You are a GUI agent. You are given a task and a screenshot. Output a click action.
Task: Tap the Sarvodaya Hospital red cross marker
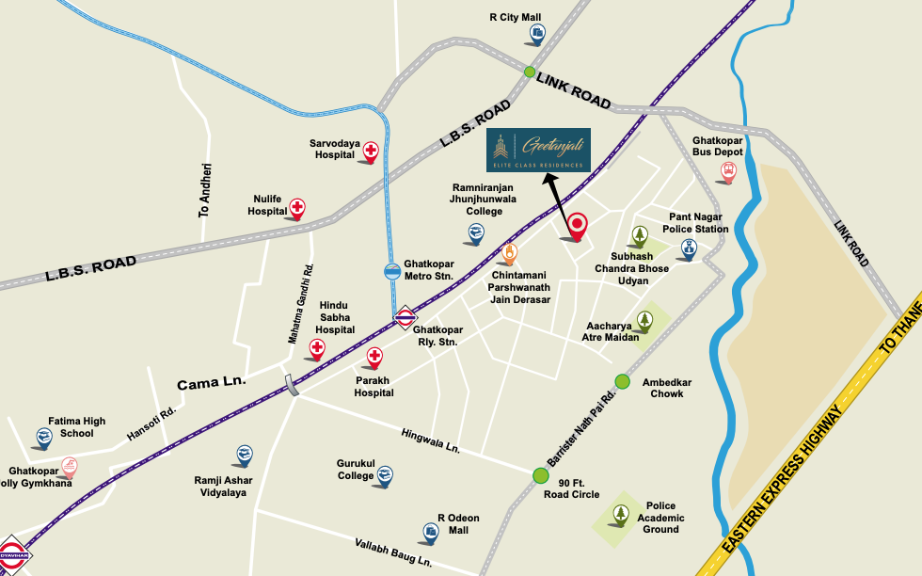tap(372, 152)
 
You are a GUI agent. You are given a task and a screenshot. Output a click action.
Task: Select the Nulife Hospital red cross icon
tap(297, 208)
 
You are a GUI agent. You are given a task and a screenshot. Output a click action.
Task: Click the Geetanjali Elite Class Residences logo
tap(538, 150)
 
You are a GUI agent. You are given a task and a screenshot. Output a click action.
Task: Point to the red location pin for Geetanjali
tap(577, 226)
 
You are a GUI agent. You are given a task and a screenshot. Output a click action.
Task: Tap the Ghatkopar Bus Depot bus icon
tap(727, 171)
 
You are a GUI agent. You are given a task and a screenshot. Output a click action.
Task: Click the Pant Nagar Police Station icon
tap(689, 249)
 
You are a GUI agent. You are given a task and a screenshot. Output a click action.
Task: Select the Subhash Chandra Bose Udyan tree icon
tap(640, 236)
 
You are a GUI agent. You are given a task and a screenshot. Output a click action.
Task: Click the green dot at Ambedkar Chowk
tap(622, 381)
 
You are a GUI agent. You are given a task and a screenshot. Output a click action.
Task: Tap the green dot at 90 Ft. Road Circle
tap(539, 475)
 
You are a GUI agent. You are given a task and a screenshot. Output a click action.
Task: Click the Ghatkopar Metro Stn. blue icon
tap(392, 272)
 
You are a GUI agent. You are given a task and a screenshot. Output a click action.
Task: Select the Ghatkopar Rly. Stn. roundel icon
tap(405, 318)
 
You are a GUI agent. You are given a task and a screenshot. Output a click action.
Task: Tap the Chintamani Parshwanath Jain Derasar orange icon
tap(509, 253)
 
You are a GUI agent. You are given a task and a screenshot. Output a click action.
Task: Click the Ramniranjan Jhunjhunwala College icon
tap(476, 233)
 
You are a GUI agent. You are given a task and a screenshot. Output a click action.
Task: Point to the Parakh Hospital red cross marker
tap(374, 357)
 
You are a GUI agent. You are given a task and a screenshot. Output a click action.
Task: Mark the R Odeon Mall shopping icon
tap(431, 533)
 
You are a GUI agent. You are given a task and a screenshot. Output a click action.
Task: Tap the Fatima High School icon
tap(43, 437)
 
